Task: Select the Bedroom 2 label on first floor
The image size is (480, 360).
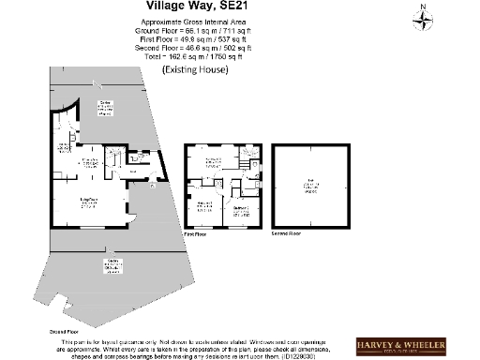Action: click(240, 210)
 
